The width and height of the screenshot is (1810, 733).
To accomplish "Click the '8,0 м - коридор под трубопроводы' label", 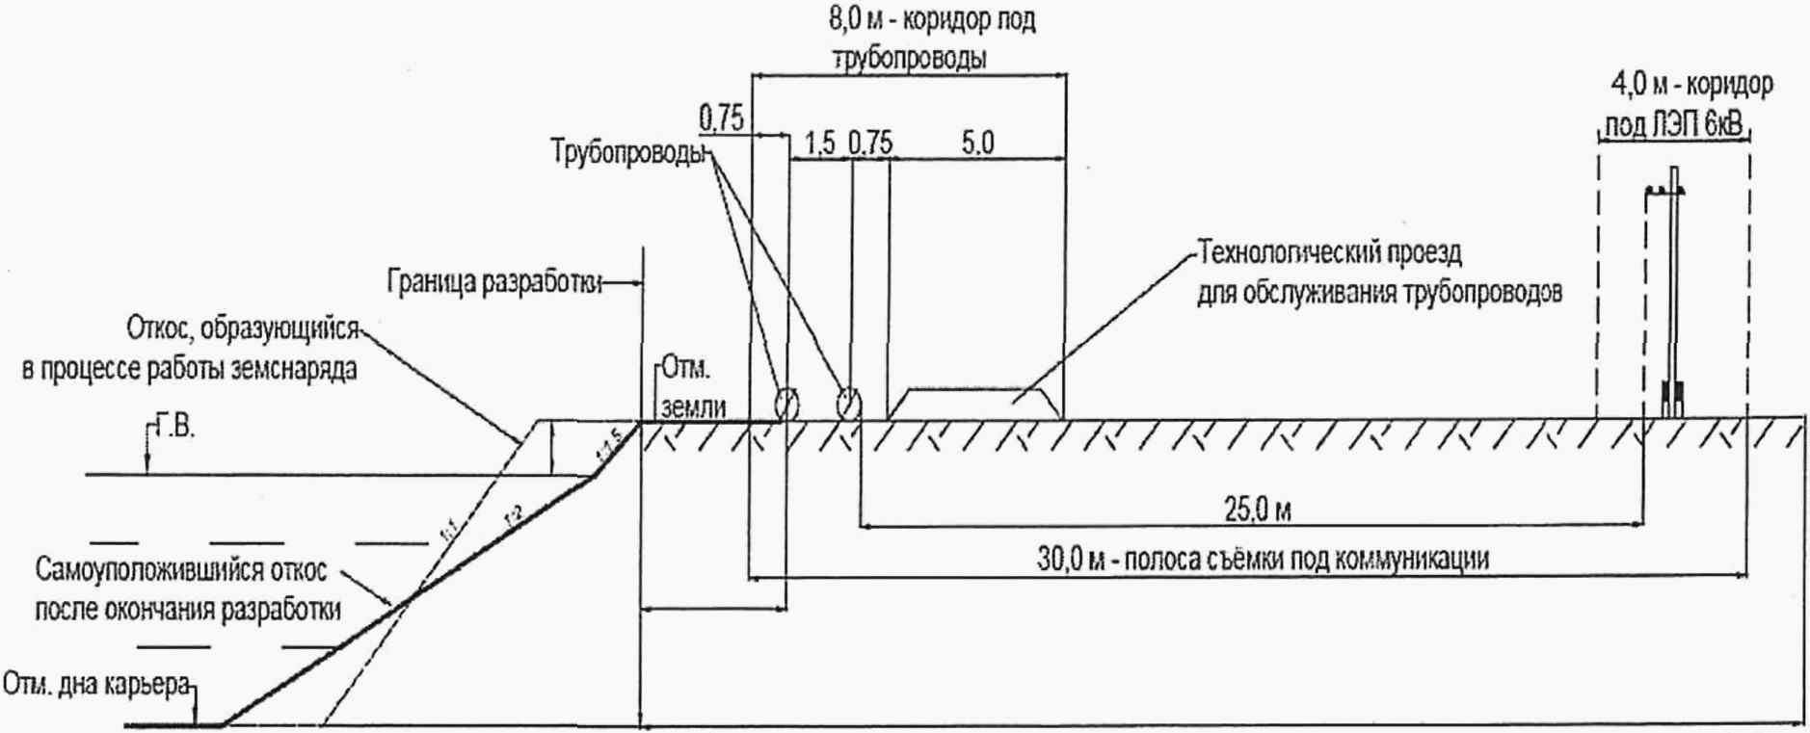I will point(932,39).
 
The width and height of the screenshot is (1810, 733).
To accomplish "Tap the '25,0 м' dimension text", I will point(1257,510).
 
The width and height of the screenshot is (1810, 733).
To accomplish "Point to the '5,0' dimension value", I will point(976,143).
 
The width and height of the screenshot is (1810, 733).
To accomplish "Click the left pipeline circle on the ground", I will point(786,402).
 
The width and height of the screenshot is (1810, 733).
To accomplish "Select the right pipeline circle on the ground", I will point(848,401).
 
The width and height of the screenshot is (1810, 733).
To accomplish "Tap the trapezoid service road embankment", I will point(973,404).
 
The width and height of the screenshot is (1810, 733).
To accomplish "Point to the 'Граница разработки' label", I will point(494,282).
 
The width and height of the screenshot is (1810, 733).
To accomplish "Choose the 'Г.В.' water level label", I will point(173,427).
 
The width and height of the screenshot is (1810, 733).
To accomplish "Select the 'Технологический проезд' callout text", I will point(1330,254).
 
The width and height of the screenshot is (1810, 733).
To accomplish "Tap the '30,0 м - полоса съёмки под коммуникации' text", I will point(1263,559).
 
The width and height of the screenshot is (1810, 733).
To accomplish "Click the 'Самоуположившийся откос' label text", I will point(182,571).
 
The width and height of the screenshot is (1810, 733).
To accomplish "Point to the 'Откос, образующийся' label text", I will point(242,330).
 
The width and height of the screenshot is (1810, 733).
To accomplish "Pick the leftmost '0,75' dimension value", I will point(721,118).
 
